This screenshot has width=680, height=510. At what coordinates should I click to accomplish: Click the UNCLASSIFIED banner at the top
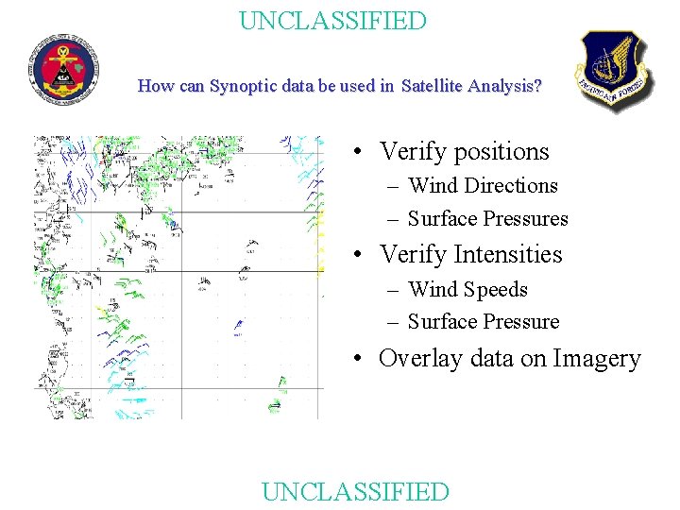(x=332, y=21)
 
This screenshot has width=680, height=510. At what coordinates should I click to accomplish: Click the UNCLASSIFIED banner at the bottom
(x=355, y=491)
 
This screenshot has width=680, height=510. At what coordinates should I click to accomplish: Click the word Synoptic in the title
(x=241, y=86)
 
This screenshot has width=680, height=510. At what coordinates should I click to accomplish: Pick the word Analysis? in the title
(x=511, y=86)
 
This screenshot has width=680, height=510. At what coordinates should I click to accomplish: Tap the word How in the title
(x=155, y=86)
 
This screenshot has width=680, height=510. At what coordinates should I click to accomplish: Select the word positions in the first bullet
(x=501, y=152)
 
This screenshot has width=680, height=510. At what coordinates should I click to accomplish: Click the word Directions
(x=511, y=186)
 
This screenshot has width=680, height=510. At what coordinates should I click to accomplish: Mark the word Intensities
(x=508, y=255)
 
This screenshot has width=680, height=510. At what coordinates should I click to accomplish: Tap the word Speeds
(x=496, y=290)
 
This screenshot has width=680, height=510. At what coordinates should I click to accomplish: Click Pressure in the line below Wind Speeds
(x=521, y=322)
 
